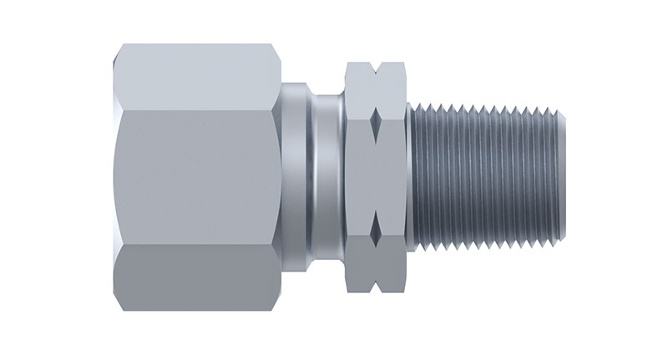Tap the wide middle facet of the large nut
click(196, 179)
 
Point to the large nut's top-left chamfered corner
click(117, 52)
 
